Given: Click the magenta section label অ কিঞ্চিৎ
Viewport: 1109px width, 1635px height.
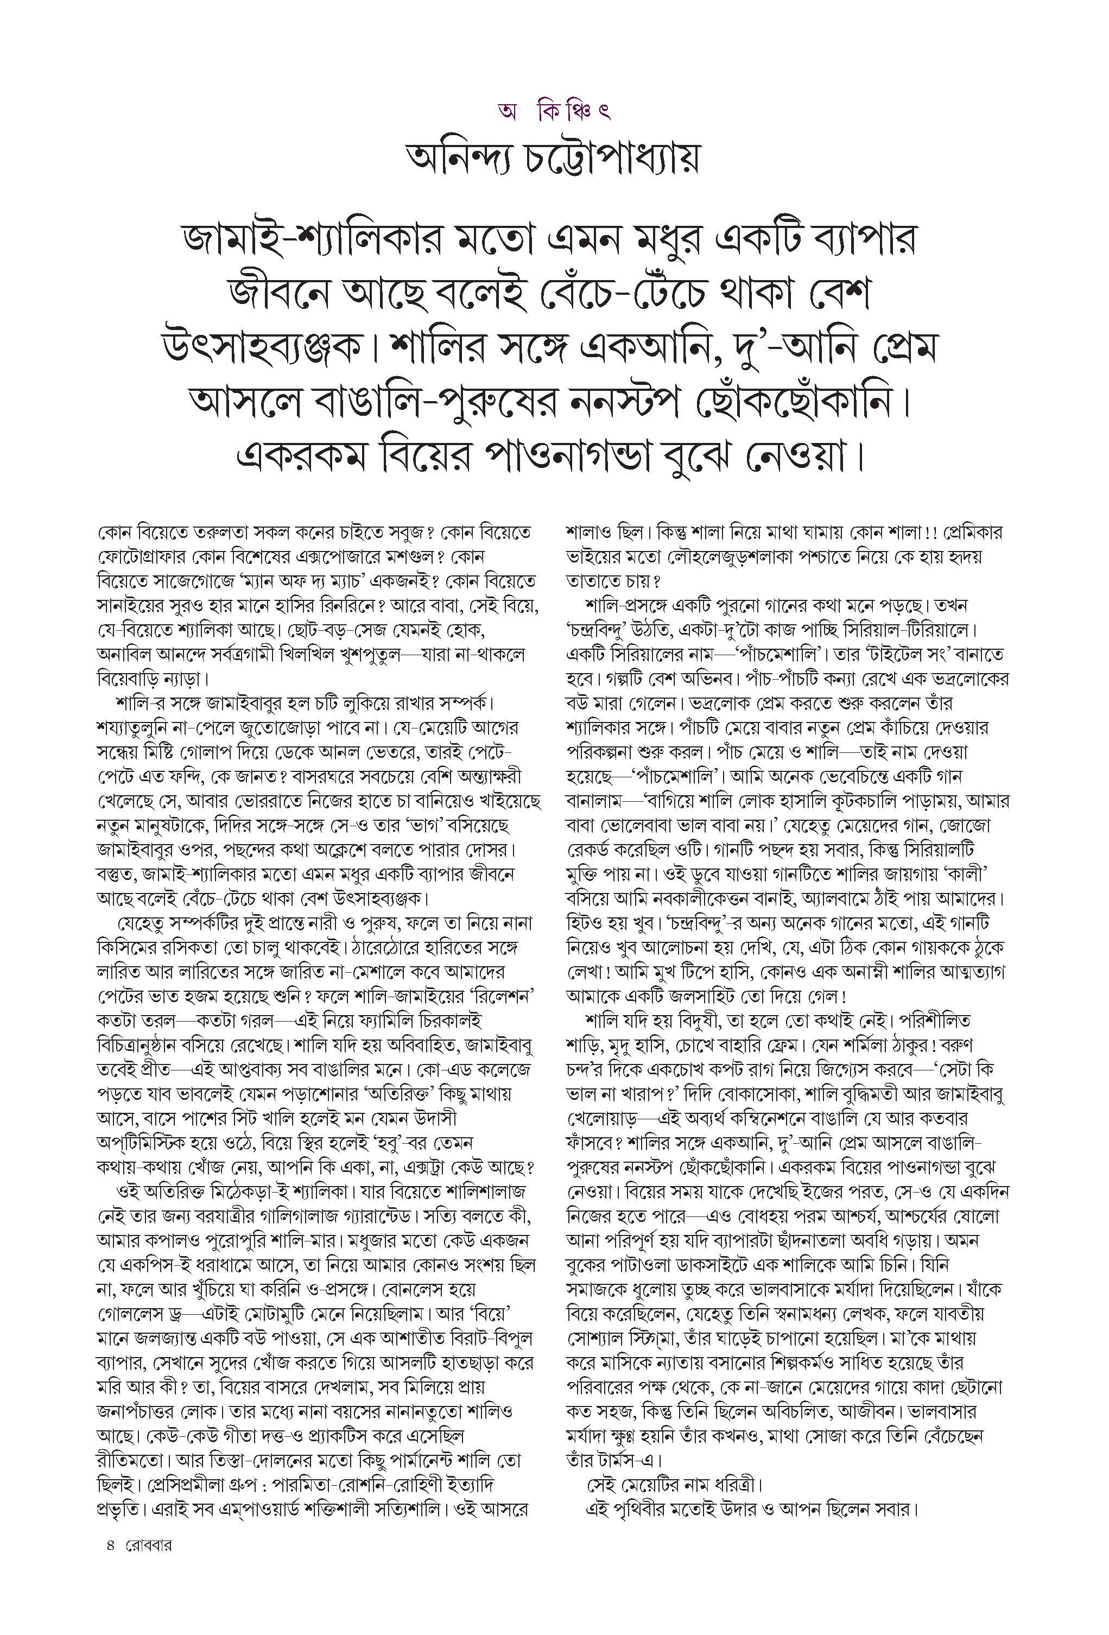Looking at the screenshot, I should tap(553, 111).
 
